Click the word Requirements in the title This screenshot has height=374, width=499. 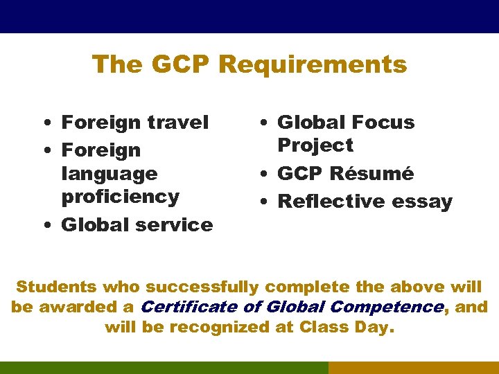(313, 64)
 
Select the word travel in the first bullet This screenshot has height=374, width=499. (179, 123)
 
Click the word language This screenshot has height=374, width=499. (110, 173)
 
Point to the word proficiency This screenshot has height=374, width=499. (121, 197)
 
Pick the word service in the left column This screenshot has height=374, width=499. (177, 224)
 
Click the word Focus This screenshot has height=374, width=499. (380, 123)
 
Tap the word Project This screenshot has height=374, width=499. (315, 145)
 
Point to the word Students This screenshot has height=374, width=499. (56, 287)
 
